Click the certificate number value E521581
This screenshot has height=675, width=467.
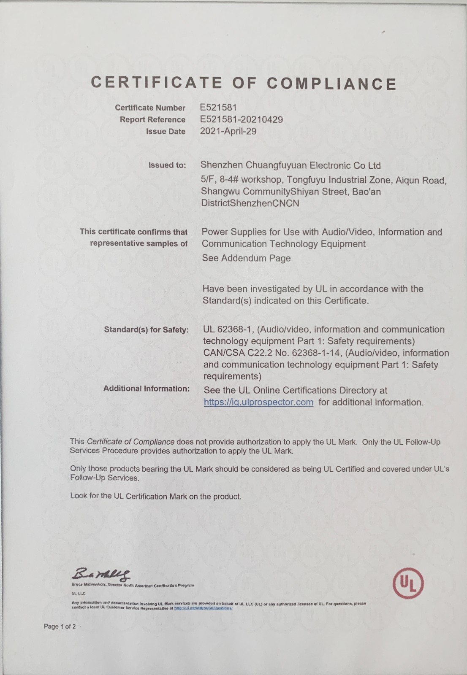[x=218, y=108]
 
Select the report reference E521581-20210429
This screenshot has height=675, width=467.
[x=241, y=119]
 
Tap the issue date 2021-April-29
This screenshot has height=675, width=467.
[x=228, y=131]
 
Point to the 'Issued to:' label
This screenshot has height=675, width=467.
[x=167, y=165]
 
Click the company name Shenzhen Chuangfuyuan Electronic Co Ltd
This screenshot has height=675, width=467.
[x=291, y=165]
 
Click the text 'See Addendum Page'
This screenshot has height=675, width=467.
[x=246, y=258]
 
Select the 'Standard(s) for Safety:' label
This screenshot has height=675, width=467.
[x=146, y=329]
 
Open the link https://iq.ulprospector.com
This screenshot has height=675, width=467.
[x=258, y=402]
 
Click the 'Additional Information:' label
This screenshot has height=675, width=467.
[x=146, y=389]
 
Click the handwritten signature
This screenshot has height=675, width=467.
[x=101, y=573]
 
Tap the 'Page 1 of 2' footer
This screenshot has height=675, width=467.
[x=60, y=626]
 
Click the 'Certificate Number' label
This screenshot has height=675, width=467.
[x=150, y=108]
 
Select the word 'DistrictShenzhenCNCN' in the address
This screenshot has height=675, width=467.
[x=250, y=203]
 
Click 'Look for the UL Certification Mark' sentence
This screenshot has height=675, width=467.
[x=156, y=497]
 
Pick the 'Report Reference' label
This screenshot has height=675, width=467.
[x=152, y=120]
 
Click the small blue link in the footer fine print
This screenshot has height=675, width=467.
[x=204, y=608]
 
